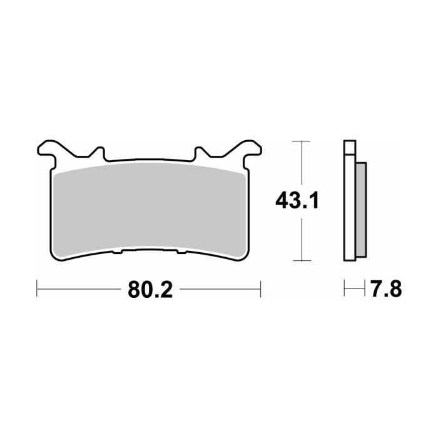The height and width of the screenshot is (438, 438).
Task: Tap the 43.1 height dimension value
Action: point(298,201)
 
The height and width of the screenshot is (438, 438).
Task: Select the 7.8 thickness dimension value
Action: point(385,290)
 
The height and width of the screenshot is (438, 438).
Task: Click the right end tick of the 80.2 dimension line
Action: point(260,289)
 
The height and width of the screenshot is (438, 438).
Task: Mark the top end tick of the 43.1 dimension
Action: point(302,141)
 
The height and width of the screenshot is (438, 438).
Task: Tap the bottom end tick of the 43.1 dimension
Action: point(302,260)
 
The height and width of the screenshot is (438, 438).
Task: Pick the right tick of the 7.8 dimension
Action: point(365,289)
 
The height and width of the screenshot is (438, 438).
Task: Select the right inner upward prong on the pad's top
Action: point(201,152)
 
